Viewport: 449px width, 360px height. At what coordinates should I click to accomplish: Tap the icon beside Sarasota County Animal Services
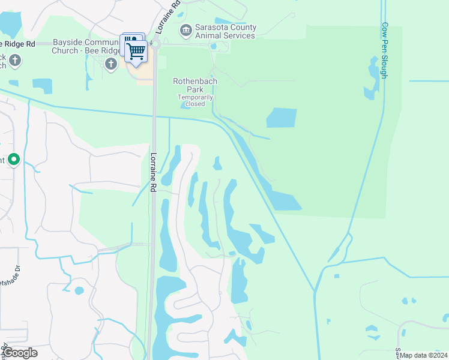pyautogui.click(x=185, y=29)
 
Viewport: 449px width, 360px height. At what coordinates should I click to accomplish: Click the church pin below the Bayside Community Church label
pyautogui.click(x=110, y=64)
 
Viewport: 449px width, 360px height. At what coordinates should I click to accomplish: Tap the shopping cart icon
pyautogui.click(x=136, y=52)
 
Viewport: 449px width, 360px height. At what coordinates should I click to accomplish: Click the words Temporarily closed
pyautogui.click(x=195, y=100)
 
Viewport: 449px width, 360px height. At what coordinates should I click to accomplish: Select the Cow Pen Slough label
pyautogui.click(x=384, y=51)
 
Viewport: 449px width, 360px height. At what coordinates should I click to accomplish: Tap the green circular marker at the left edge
pyautogui.click(x=14, y=160)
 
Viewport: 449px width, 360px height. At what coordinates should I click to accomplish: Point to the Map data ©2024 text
pyautogui.click(x=423, y=355)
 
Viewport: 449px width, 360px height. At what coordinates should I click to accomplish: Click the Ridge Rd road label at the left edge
pyautogui.click(x=18, y=44)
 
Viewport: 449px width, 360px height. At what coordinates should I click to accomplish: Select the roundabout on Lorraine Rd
pyautogui.click(x=155, y=43)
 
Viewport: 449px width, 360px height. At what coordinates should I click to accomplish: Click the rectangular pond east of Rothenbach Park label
pyautogui.click(x=282, y=118)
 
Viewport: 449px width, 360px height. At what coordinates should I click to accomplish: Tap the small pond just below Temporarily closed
pyautogui.click(x=187, y=108)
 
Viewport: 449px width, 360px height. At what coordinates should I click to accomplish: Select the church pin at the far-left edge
pyautogui.click(x=14, y=60)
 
